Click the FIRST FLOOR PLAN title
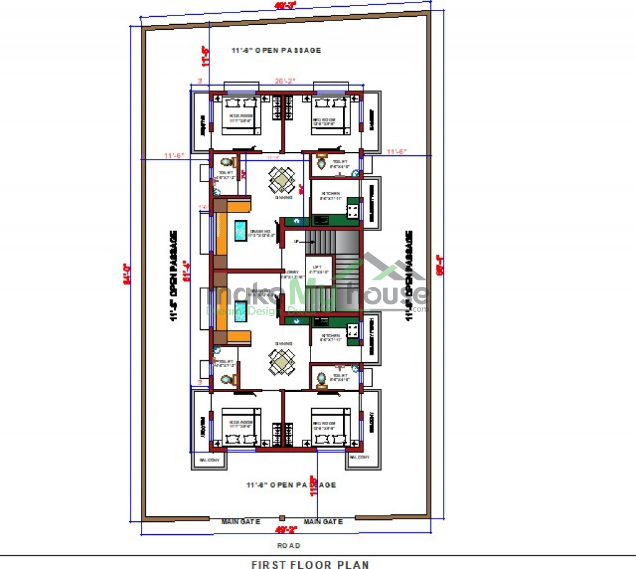[x=310, y=564]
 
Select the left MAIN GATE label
[x=241, y=522]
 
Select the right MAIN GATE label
[x=323, y=522]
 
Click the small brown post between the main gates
[x=282, y=518]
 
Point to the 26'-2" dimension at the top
[x=285, y=81]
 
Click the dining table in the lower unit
[x=282, y=361]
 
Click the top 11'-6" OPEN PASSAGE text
[x=276, y=50]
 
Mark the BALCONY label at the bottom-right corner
[x=360, y=457]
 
